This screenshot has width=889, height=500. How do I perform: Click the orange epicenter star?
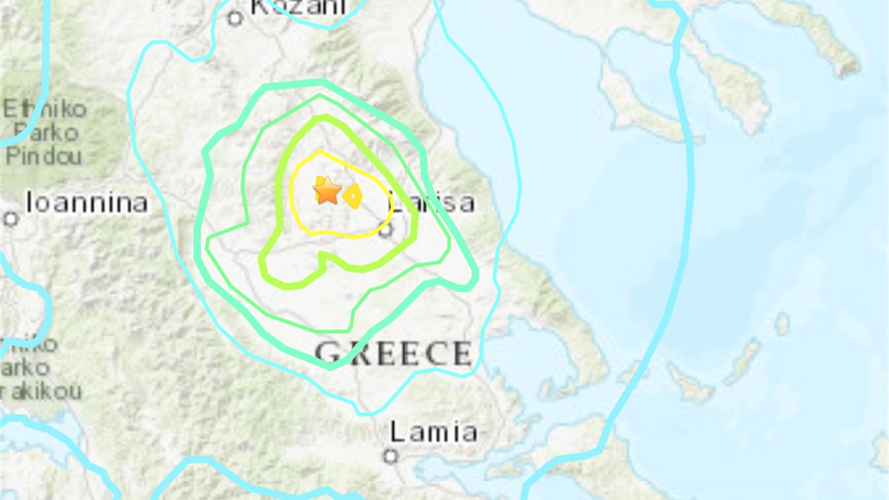tap(327, 190)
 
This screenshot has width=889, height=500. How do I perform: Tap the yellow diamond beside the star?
tap(353, 197)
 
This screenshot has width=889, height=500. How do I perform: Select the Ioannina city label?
tap(87, 203)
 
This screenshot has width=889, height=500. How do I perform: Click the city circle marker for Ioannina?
tap(10, 219)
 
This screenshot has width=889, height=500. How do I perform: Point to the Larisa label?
tap(431, 203)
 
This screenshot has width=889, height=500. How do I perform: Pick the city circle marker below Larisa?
tap(385, 230)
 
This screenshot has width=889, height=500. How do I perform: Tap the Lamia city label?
tap(433, 432)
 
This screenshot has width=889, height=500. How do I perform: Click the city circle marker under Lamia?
tap(390, 456)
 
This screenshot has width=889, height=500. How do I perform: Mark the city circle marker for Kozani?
tap(235, 19)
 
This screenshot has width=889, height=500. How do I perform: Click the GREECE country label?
tap(394, 354)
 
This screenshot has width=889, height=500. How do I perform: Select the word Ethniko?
tap(45, 109)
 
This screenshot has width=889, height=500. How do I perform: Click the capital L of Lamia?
tap(397, 432)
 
